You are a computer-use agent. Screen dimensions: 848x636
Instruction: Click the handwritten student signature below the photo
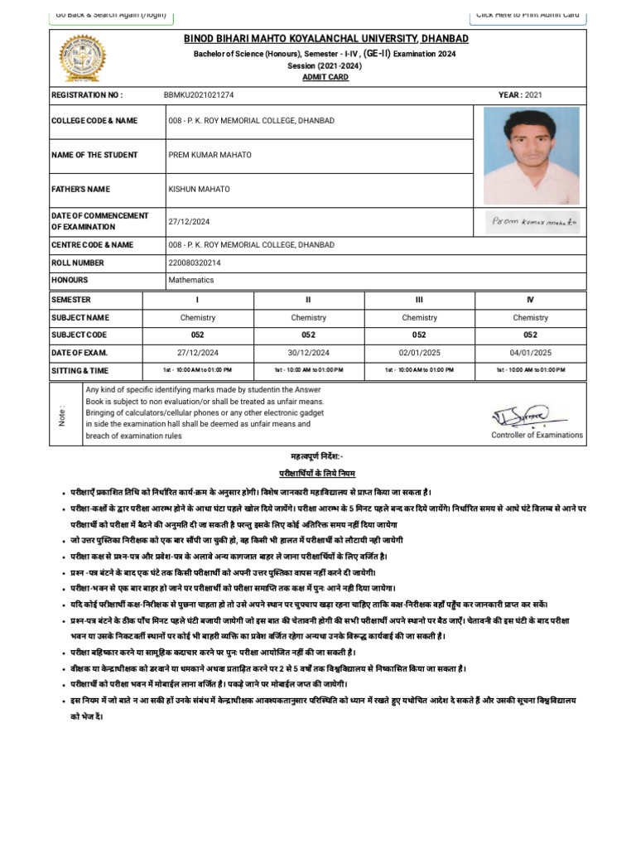[533, 221]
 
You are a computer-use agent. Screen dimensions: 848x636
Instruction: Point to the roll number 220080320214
[195, 263]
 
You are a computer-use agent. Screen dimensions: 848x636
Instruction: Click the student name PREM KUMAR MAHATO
[210, 155]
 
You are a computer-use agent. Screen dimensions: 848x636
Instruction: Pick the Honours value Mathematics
[191, 281]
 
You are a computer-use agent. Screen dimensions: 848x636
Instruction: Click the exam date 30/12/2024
[309, 352]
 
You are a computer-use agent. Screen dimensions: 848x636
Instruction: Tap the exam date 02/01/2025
[419, 352]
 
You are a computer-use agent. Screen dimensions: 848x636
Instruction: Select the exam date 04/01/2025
[530, 352]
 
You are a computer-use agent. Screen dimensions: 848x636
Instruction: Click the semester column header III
[419, 300]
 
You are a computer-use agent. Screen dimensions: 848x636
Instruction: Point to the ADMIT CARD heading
[325, 77]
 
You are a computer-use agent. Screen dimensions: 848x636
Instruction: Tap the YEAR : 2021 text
[521, 95]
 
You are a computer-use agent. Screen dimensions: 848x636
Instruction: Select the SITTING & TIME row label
[79, 370]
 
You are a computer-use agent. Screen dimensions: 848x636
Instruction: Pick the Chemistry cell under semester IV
[530, 317]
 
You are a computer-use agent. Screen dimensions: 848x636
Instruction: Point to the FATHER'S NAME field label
[81, 190]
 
